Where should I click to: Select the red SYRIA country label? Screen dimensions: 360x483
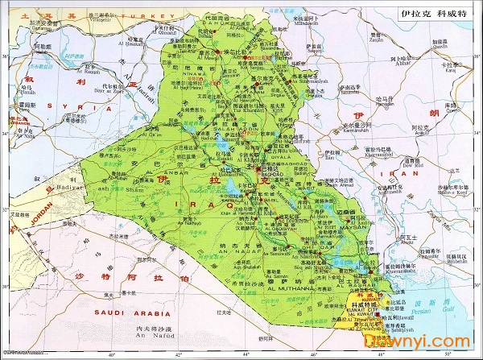tap(61, 106)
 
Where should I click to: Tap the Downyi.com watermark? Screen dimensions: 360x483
tap(436, 341)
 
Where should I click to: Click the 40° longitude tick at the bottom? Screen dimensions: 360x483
tap(112, 354)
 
